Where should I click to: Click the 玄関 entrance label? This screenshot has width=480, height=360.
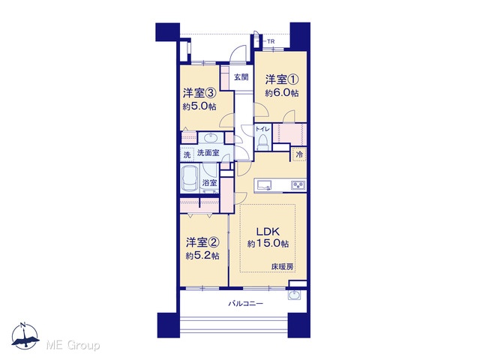[241, 77]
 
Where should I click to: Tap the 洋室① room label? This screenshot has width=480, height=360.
[282, 79]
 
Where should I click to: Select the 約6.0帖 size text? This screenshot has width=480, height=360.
[282, 93]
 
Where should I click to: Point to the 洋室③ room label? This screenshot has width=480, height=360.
[199, 93]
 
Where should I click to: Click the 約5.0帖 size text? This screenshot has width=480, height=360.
[199, 106]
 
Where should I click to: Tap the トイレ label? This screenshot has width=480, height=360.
[262, 129]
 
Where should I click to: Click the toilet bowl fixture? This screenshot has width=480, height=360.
[263, 142]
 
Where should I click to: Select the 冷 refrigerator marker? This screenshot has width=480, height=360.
[299, 155]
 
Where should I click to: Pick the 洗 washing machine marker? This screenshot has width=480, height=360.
[187, 154]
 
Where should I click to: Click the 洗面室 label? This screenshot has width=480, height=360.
[208, 152]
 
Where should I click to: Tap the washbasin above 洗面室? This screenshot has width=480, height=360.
[211, 138]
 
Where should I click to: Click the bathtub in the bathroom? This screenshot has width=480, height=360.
[190, 178]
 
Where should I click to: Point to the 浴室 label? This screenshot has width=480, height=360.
[210, 183]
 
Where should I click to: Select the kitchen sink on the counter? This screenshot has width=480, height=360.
[264, 185]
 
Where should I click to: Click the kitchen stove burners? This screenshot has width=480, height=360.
[298, 185]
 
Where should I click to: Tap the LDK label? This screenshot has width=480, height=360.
[268, 231]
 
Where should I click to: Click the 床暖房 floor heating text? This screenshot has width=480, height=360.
[282, 267]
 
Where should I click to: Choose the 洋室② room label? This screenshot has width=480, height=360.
[202, 242]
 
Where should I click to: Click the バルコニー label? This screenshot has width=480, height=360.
[245, 304]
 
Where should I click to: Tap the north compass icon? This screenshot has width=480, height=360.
[25, 336]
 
